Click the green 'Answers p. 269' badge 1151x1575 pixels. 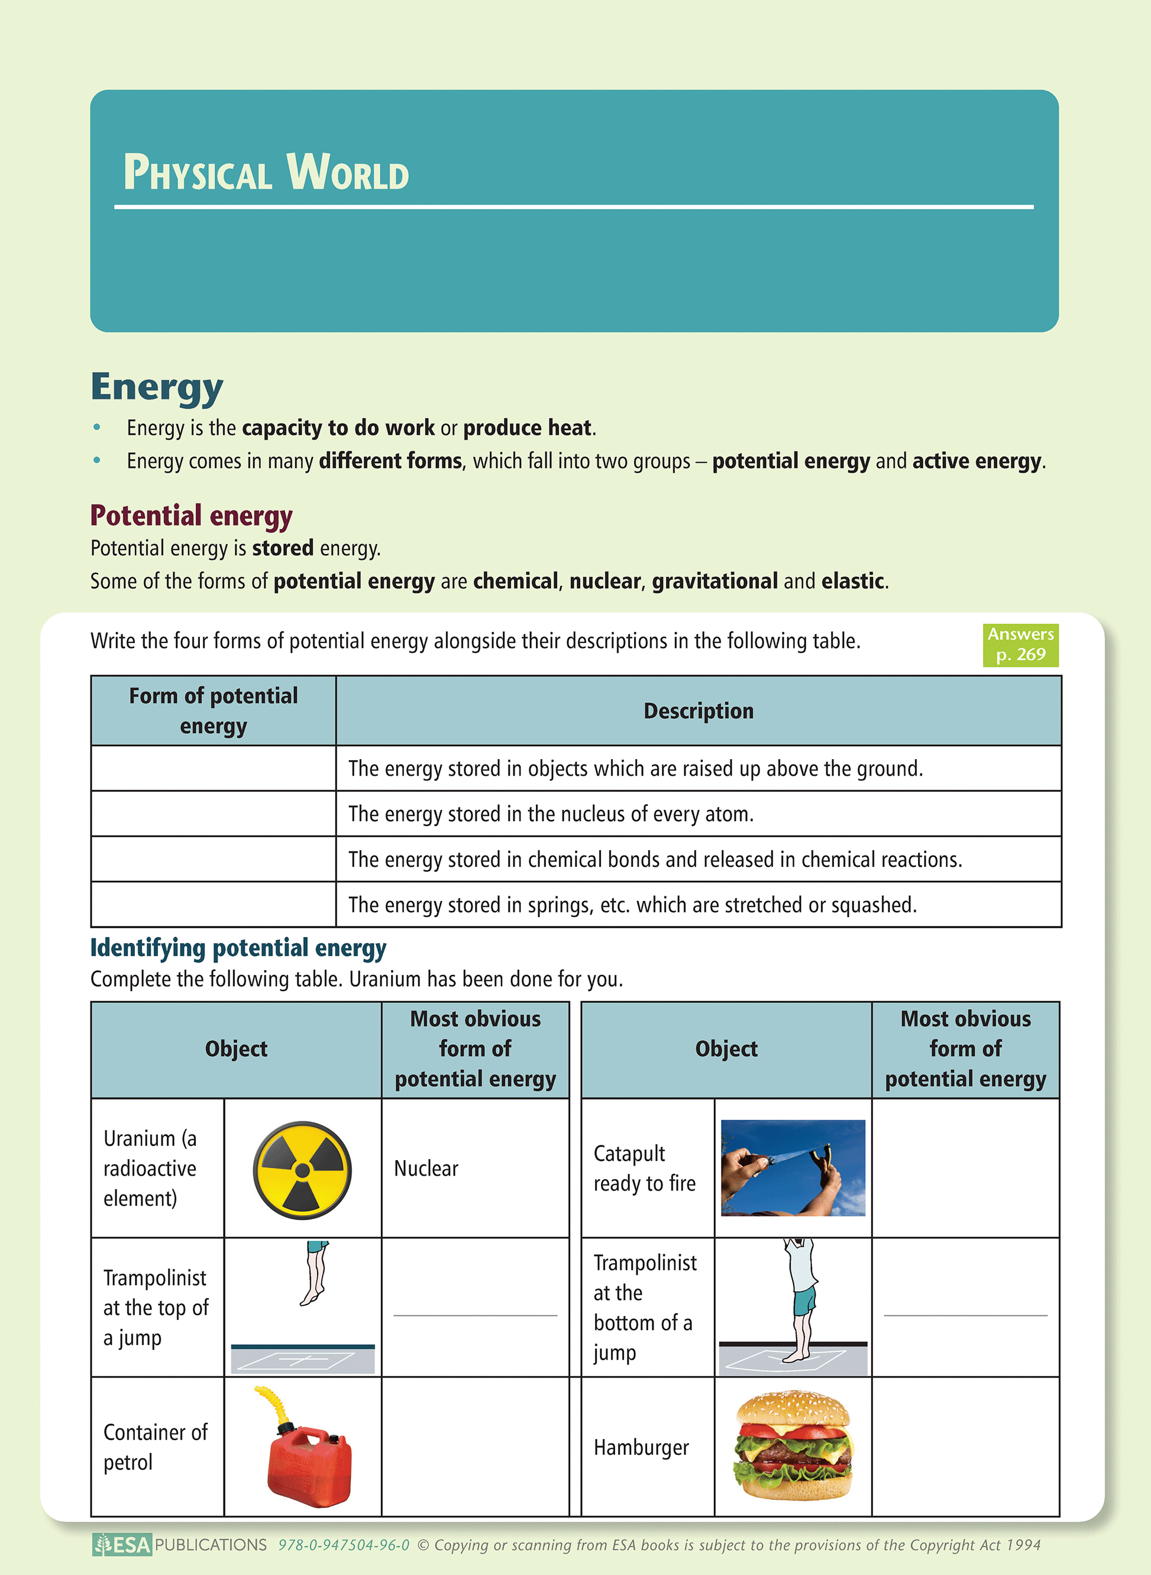(x=1020, y=645)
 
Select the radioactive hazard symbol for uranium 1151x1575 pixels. (x=302, y=1170)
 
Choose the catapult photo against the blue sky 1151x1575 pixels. (x=793, y=1168)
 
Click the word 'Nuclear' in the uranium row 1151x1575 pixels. (x=426, y=1169)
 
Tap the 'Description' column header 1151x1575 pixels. (x=698, y=711)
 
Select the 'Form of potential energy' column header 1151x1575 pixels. (x=213, y=711)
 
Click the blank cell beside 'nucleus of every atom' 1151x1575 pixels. (x=213, y=814)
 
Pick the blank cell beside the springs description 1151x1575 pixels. (x=213, y=905)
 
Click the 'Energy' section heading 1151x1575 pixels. (x=157, y=387)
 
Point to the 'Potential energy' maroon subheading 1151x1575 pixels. (x=191, y=516)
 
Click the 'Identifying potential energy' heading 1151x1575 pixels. (x=238, y=948)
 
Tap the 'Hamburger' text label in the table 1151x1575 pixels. (x=641, y=1447)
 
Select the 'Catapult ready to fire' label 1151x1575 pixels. (x=645, y=1168)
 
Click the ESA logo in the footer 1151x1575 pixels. (x=122, y=1545)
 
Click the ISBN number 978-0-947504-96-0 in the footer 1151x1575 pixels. (x=344, y=1545)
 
